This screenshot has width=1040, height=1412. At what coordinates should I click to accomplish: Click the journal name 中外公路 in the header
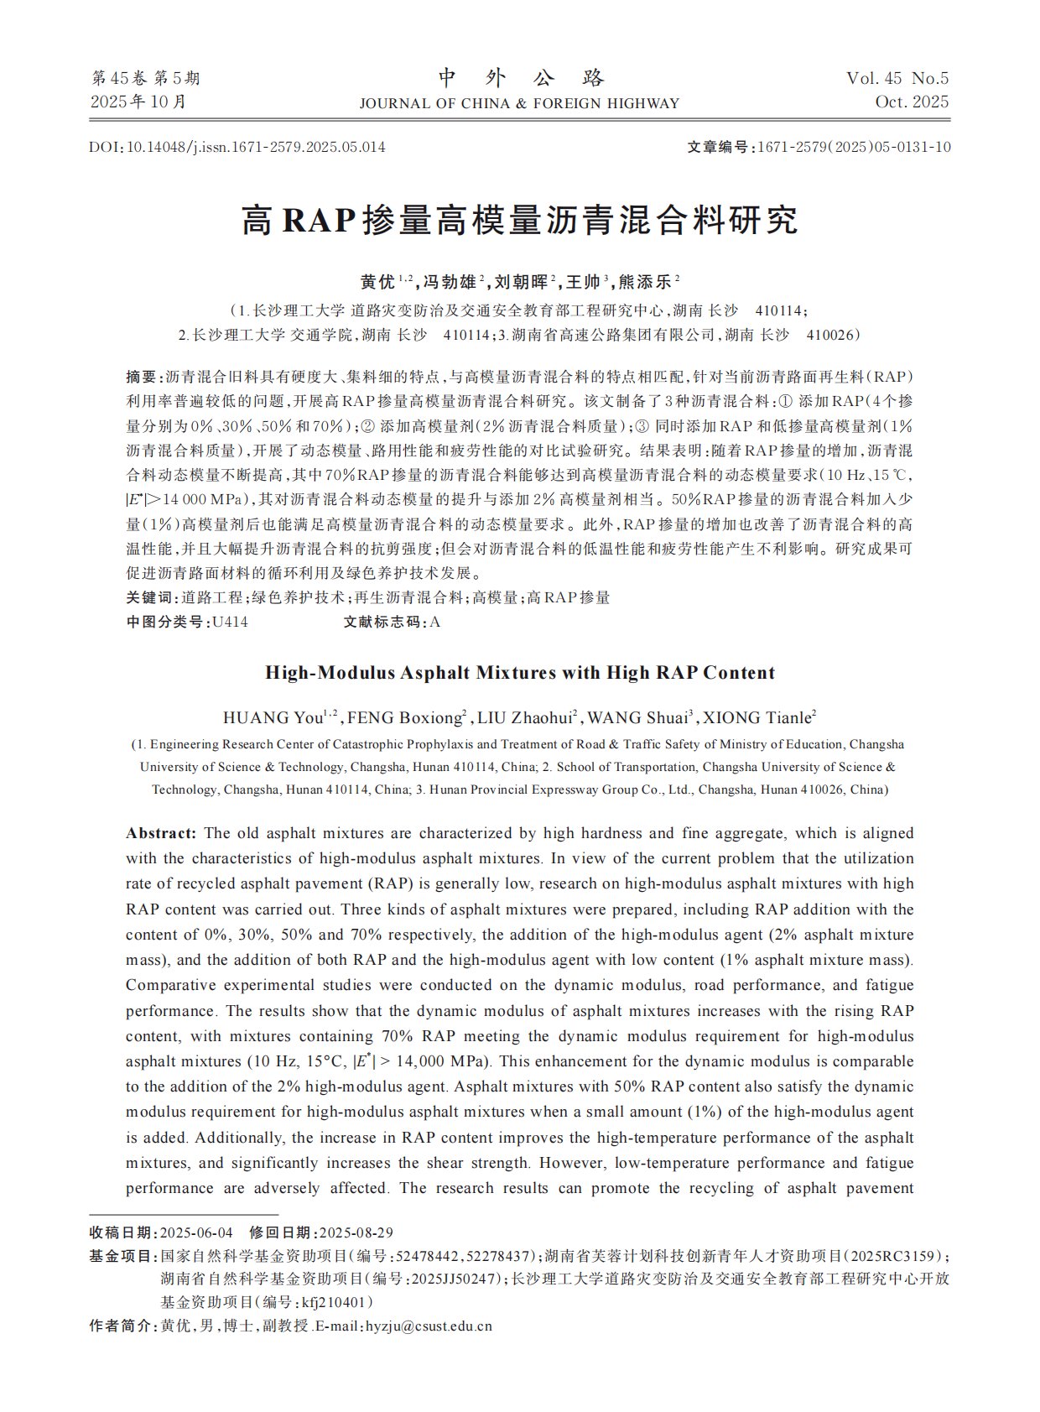pos(520,78)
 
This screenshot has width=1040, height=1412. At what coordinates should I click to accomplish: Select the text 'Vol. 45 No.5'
pos(897,78)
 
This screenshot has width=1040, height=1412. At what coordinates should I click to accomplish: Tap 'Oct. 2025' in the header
pos(912,102)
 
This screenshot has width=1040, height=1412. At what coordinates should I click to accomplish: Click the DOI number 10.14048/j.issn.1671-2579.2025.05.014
pos(256,147)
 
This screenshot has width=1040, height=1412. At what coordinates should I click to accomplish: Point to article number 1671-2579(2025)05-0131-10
pos(854,147)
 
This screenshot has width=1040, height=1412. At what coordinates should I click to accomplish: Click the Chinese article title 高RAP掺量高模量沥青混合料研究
pos(520,220)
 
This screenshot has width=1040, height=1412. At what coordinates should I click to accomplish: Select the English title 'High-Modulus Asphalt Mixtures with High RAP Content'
pos(520,673)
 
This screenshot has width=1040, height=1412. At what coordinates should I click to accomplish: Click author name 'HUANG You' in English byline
pos(273,718)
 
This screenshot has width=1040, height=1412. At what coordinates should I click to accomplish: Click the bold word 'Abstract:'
pos(161,833)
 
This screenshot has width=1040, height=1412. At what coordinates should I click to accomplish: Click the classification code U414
pos(230,622)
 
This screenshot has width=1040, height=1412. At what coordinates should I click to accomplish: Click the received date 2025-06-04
pos(196,1232)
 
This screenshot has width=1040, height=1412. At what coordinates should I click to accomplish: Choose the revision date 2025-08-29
pos(356,1232)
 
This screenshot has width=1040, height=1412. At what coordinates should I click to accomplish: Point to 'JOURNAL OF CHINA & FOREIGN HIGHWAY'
pos(519,103)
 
